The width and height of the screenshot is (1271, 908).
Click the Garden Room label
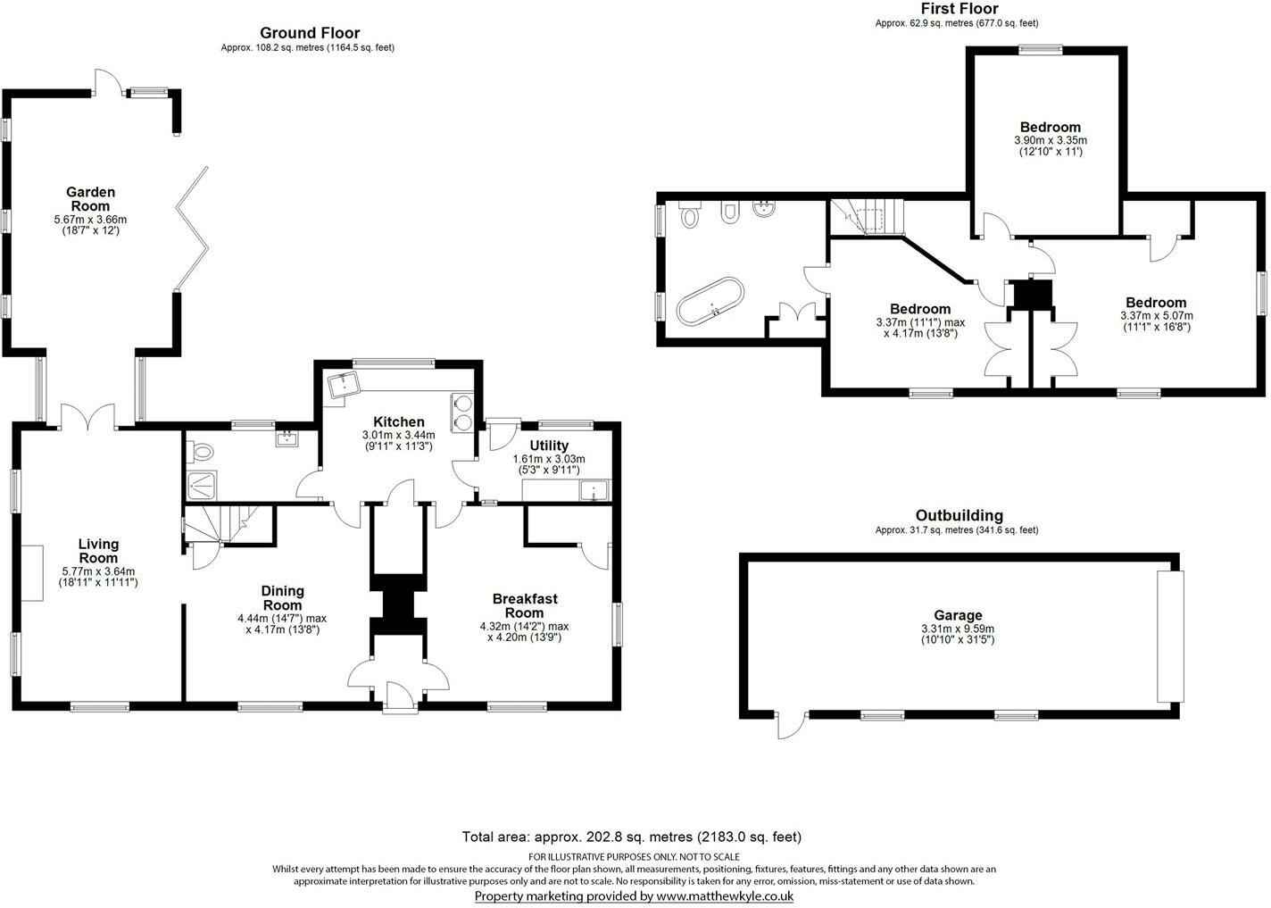coord(90,199)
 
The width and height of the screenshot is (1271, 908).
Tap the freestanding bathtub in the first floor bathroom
coord(710,302)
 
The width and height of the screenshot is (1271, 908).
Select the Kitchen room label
coord(399,422)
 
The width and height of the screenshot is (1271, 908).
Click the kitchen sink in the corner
coord(344,386)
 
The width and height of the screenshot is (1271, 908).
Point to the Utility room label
coord(549,446)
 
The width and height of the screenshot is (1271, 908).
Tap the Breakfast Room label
coord(524,606)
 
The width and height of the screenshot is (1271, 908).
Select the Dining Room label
coord(282,598)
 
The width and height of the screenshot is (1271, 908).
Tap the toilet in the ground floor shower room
coord(201,452)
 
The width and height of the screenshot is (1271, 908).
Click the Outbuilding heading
coord(959,515)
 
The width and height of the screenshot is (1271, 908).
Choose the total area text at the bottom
coord(631,837)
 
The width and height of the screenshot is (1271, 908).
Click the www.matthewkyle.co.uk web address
coord(724,896)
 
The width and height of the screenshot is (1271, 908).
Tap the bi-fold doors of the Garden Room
coord(193,228)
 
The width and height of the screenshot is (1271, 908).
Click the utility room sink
coord(592,490)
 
